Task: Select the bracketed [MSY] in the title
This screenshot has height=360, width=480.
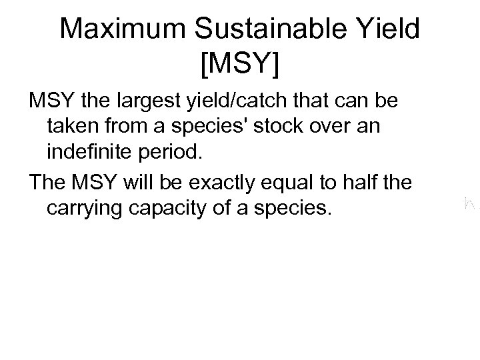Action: (x=239, y=65)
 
